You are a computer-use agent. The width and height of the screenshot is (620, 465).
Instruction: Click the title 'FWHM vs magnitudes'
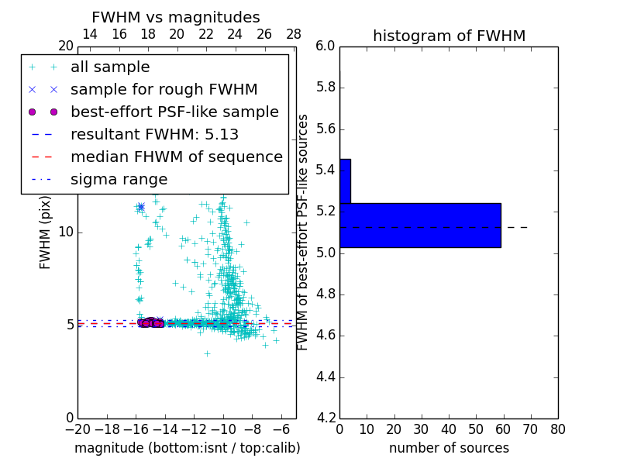(x=176, y=18)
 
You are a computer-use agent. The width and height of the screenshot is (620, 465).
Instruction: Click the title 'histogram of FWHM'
(x=449, y=36)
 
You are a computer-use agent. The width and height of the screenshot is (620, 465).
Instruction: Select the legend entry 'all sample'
(x=110, y=67)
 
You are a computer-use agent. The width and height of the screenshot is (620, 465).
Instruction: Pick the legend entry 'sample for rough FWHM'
(x=164, y=89)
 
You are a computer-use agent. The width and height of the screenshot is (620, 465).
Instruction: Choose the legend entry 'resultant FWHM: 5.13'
(x=154, y=134)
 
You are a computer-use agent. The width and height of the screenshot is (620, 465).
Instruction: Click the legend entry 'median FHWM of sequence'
(x=177, y=157)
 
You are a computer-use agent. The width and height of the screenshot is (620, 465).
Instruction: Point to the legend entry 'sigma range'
(x=119, y=179)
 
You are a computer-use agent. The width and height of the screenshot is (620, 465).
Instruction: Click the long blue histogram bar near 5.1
(x=420, y=225)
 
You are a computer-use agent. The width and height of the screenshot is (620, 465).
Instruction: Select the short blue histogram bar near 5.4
(x=345, y=181)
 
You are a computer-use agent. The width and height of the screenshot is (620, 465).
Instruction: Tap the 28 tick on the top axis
(x=294, y=34)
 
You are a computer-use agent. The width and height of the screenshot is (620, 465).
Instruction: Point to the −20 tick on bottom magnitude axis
(x=77, y=429)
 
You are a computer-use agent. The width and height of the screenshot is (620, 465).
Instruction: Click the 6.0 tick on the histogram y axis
(x=325, y=46)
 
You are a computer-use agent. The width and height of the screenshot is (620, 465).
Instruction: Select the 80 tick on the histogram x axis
(x=557, y=429)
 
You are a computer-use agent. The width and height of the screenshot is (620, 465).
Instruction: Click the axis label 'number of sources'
(x=449, y=448)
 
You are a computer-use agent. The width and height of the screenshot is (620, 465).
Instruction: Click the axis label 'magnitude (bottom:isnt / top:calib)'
(x=187, y=448)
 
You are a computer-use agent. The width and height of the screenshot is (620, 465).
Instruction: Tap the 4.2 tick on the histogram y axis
(x=325, y=418)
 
